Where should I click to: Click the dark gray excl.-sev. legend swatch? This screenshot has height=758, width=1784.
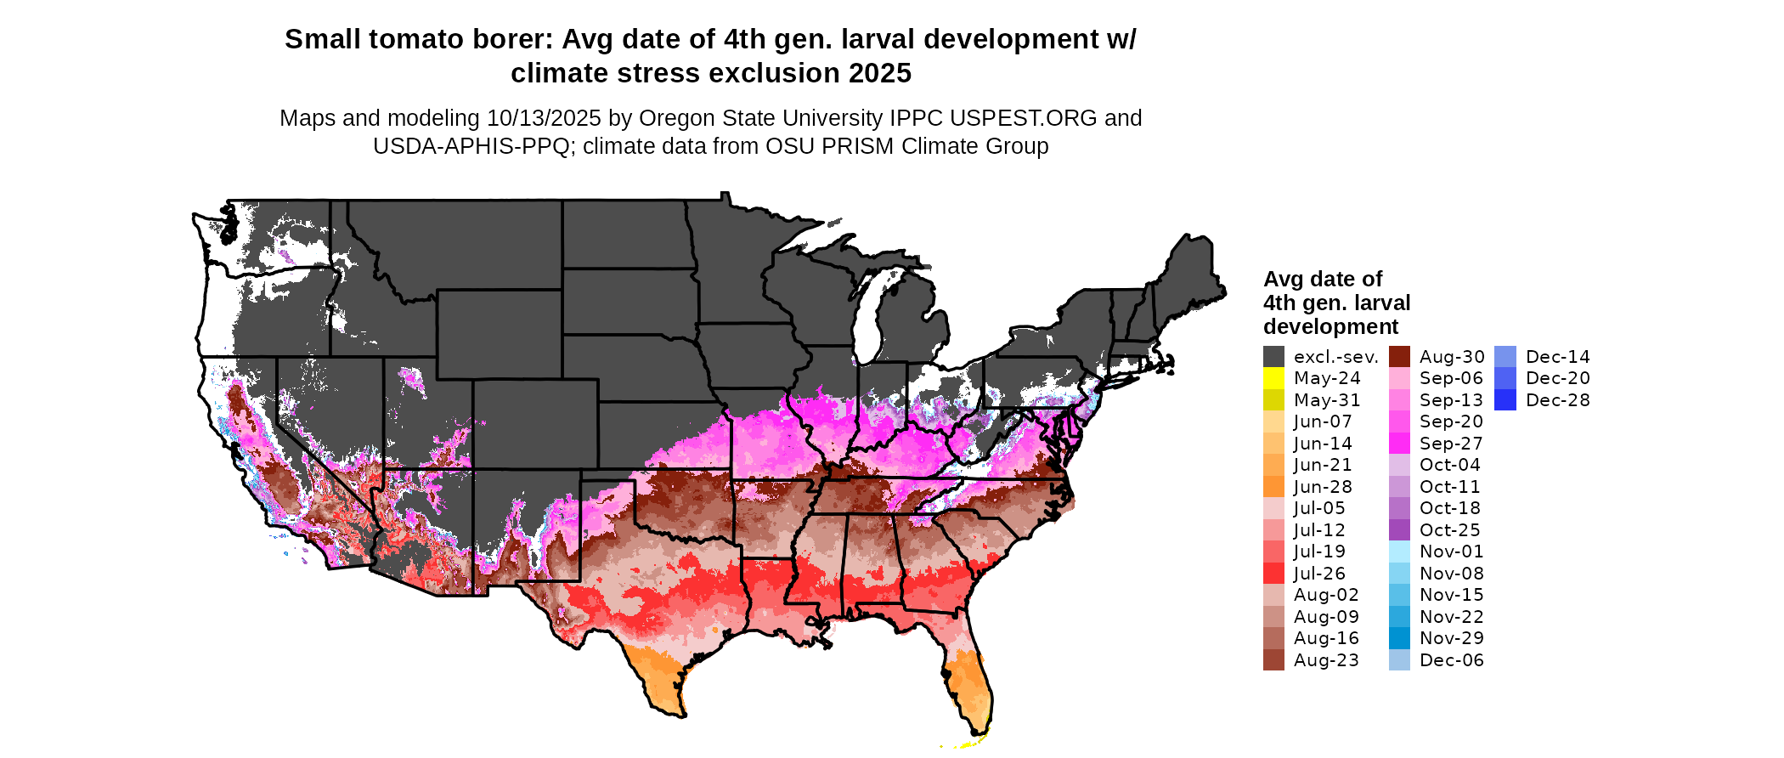(x=1273, y=357)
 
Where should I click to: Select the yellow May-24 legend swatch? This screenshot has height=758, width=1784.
(x=1273, y=378)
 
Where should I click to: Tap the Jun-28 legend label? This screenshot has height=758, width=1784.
(x=1323, y=487)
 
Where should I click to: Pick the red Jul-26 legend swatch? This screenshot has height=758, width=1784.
(x=1273, y=574)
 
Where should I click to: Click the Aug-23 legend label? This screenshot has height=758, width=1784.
(x=1326, y=660)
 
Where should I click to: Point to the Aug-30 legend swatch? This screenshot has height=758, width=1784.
(x=1399, y=357)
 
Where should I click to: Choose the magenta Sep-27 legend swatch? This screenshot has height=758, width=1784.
(x=1399, y=444)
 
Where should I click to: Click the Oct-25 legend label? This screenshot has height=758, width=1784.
(x=1450, y=530)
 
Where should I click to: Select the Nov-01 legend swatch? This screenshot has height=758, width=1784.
(x=1399, y=552)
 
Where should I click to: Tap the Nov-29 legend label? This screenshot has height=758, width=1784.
(x=1452, y=638)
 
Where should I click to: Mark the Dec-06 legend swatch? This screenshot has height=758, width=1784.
(x=1399, y=660)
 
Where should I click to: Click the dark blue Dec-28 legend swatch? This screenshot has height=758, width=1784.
(x=1505, y=400)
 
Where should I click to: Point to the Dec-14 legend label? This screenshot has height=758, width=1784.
(x=1558, y=357)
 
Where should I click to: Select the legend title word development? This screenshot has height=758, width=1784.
(x=1330, y=327)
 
